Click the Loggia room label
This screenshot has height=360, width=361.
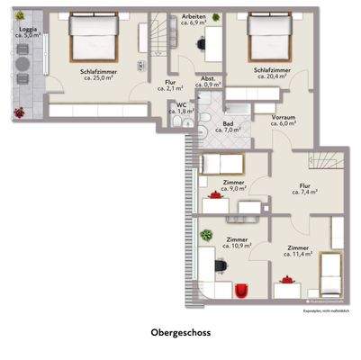pyautogui.click(x=27, y=32)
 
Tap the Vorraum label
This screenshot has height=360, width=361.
pyautogui.click(x=284, y=121)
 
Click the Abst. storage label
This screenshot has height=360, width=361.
pyautogui.click(x=207, y=80)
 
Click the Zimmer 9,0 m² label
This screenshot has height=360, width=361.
pyautogui.click(x=234, y=185)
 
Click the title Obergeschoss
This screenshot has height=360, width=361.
pyautogui.click(x=180, y=331)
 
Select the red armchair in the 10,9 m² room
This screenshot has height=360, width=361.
pyautogui.click(x=241, y=289)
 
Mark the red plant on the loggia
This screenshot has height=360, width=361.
pyautogui.click(x=19, y=112)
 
